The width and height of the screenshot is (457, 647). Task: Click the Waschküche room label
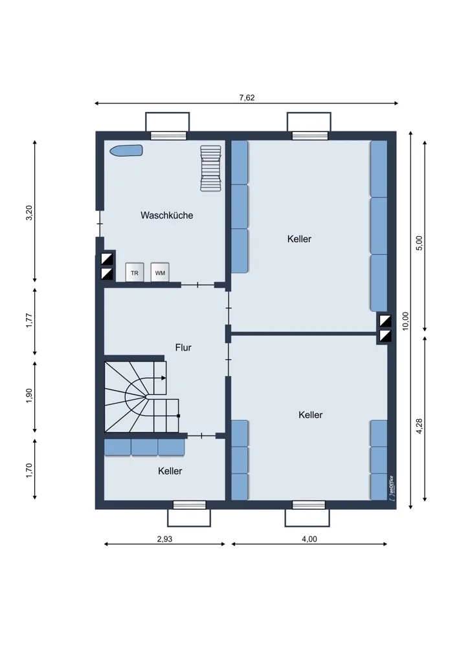pyautogui.click(x=167, y=215)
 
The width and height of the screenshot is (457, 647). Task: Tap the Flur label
pyautogui.click(x=183, y=347)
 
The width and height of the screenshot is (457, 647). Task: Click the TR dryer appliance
pyautogui.click(x=135, y=272)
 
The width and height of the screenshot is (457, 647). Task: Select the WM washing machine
pyautogui.click(x=160, y=272)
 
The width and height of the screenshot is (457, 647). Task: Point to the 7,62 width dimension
pyautogui.click(x=247, y=98)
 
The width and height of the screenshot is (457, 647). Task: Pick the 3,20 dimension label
pyautogui.click(x=29, y=212)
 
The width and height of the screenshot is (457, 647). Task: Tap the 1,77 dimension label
pyautogui.click(x=29, y=321)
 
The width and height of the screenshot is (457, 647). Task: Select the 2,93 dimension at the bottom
pyautogui.click(x=164, y=539)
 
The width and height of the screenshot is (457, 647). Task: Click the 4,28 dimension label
pyautogui.click(x=419, y=426)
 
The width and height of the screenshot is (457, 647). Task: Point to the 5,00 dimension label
pyautogui.click(x=419, y=243)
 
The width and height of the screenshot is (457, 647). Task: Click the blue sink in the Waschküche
pyautogui.click(x=126, y=150)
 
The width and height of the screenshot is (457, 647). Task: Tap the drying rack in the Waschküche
pyautogui.click(x=210, y=168)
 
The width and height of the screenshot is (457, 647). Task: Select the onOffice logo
pyautogui.click(x=390, y=488)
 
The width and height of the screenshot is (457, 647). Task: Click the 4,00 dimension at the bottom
pyautogui.click(x=309, y=539)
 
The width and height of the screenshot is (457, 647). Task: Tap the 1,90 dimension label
pyautogui.click(x=29, y=396)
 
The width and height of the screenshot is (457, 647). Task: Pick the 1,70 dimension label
pyautogui.click(x=29, y=470)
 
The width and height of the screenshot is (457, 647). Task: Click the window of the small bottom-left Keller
pyautogui.click(x=189, y=505)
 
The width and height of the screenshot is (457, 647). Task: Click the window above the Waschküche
pyautogui.click(x=168, y=136)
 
